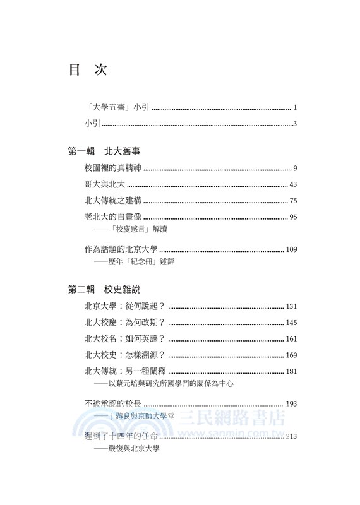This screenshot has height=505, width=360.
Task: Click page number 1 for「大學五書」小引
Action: click(295, 108)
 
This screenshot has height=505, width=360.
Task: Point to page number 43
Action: click(292, 185)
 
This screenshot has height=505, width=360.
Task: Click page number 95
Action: click(292, 218)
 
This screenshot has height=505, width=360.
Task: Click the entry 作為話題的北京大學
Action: click(121, 249)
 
